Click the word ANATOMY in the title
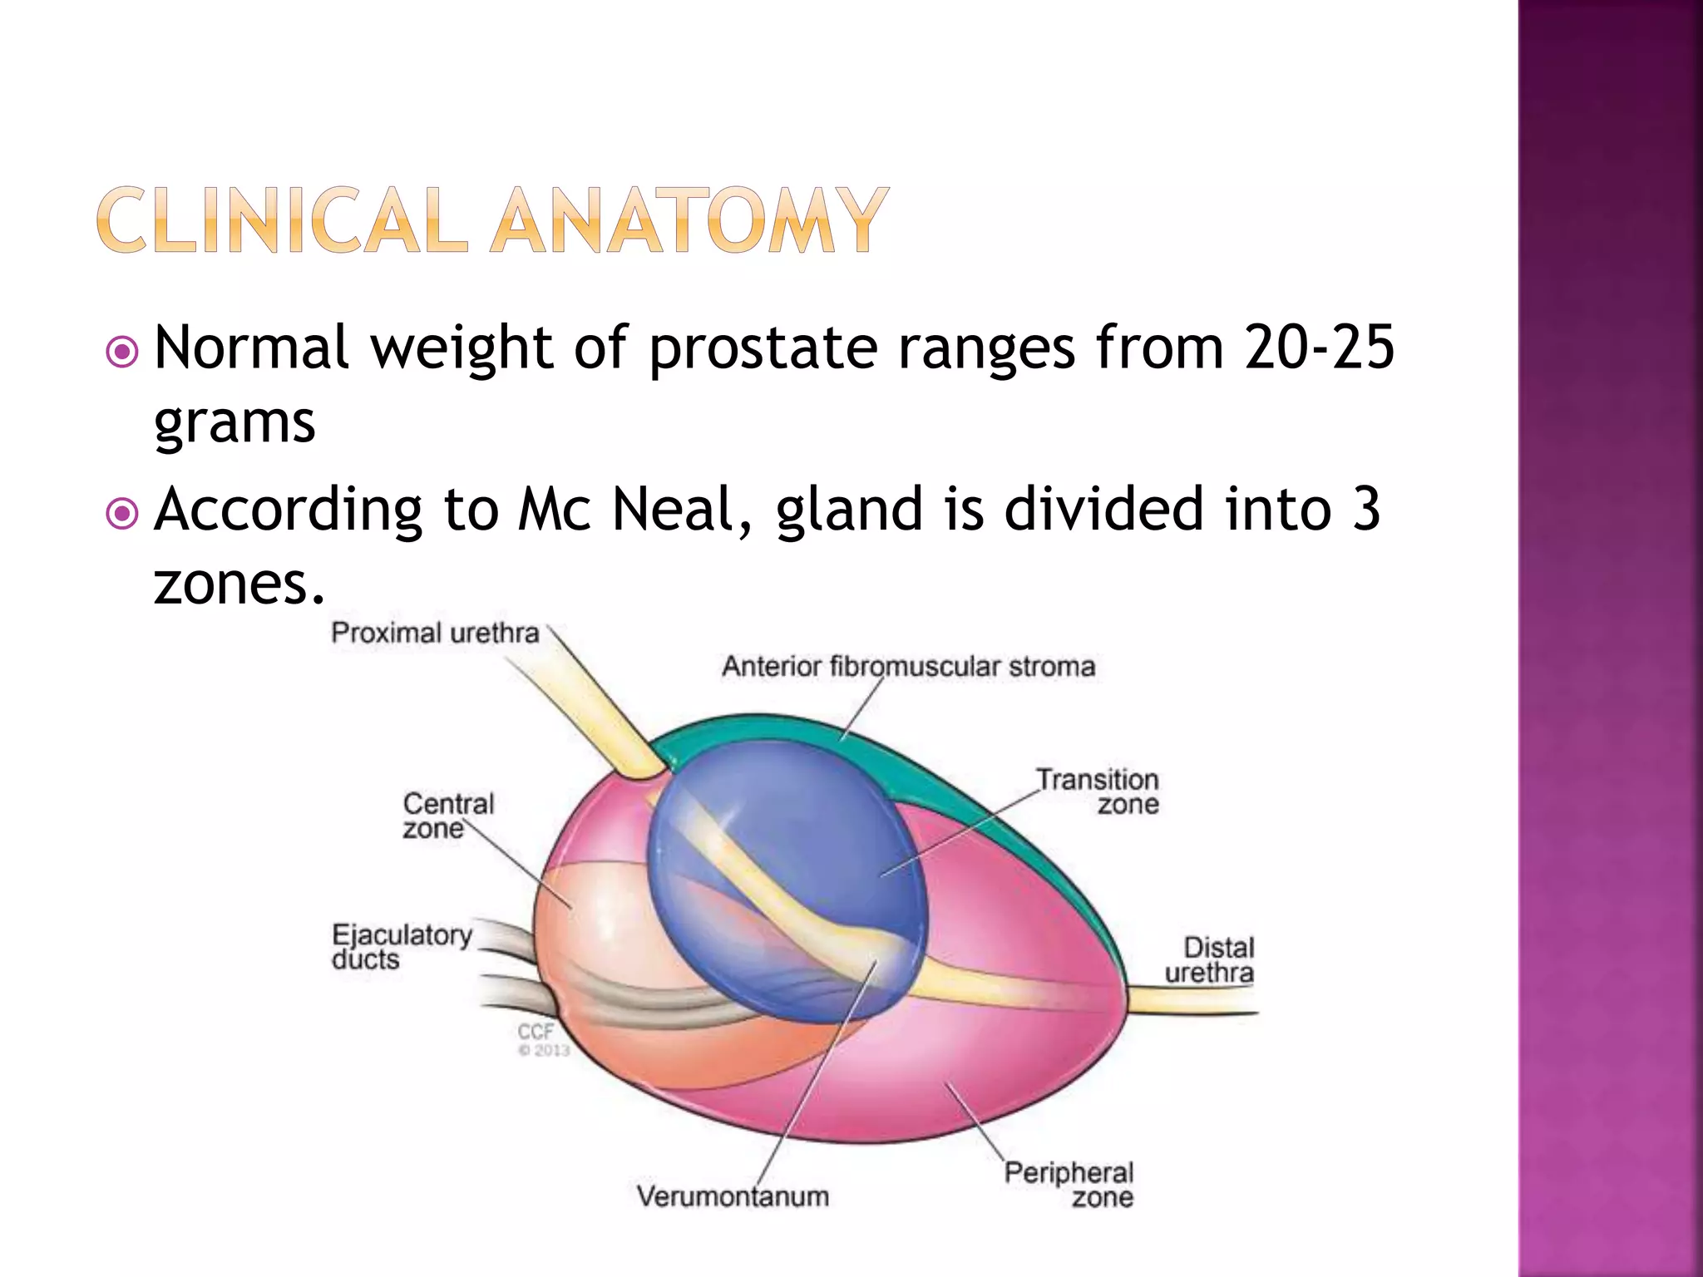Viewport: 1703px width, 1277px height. click(689, 220)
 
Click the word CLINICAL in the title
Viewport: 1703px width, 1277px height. click(282, 220)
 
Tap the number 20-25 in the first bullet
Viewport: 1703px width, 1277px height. click(1319, 348)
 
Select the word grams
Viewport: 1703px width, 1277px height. click(234, 424)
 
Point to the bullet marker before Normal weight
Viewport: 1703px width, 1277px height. click(123, 353)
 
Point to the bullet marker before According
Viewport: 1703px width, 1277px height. click(123, 514)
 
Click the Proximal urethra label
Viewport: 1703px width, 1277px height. click(435, 634)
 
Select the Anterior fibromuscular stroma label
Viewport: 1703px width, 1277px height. click(908, 667)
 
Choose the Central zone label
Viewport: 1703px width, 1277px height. click(447, 816)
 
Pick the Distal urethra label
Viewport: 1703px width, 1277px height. click(1211, 960)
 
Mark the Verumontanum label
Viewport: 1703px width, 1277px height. click(733, 1196)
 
